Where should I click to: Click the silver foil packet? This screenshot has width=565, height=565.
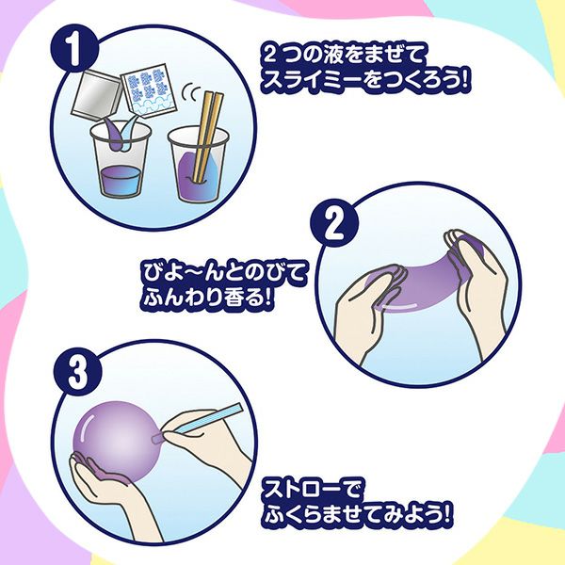click(x=96, y=95)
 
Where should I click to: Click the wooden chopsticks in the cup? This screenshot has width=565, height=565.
click(x=206, y=137)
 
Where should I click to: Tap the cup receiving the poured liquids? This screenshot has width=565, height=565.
click(x=121, y=160)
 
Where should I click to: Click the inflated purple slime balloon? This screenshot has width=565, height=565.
click(x=115, y=441)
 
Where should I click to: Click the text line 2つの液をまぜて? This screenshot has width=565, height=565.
click(x=343, y=56)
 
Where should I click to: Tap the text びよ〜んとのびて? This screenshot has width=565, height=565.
click(x=224, y=273)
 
